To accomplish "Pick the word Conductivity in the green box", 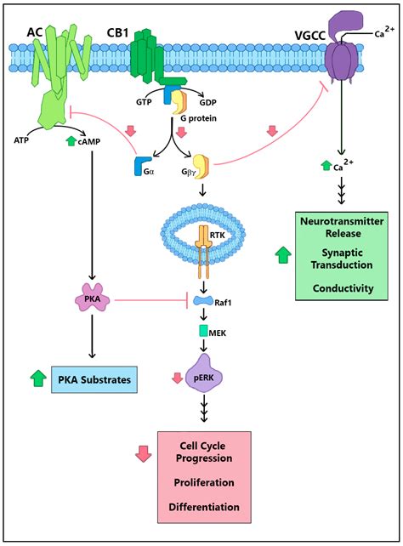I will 343,288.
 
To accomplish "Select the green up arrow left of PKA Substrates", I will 37,380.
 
